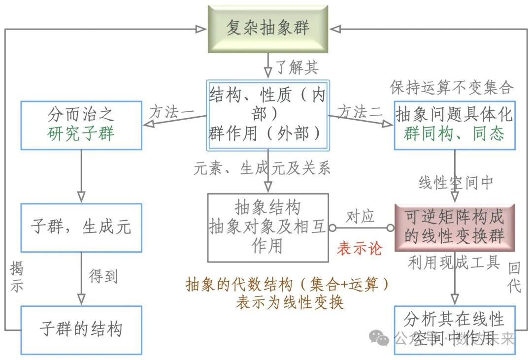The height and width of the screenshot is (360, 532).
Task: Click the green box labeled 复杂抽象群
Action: pos(267,29)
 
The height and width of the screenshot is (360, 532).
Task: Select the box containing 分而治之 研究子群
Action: pos(81,125)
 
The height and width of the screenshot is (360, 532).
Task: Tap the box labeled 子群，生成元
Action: pos(81,228)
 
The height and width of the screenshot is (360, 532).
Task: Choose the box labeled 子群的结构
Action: pos(81,329)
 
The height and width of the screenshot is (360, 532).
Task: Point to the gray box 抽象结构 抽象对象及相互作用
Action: pos(267,227)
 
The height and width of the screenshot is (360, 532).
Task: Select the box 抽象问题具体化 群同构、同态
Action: pos(454,125)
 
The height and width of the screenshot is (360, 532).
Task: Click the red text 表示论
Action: pos(359,248)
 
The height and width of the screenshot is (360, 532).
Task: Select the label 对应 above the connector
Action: pos(360,216)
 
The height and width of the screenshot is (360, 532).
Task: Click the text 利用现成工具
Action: pos(454,262)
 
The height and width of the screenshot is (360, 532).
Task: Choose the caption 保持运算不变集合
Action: pos(451,88)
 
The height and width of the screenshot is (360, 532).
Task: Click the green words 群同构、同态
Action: pos(454,134)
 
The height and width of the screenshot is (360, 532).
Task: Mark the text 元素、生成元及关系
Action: pos(262,168)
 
